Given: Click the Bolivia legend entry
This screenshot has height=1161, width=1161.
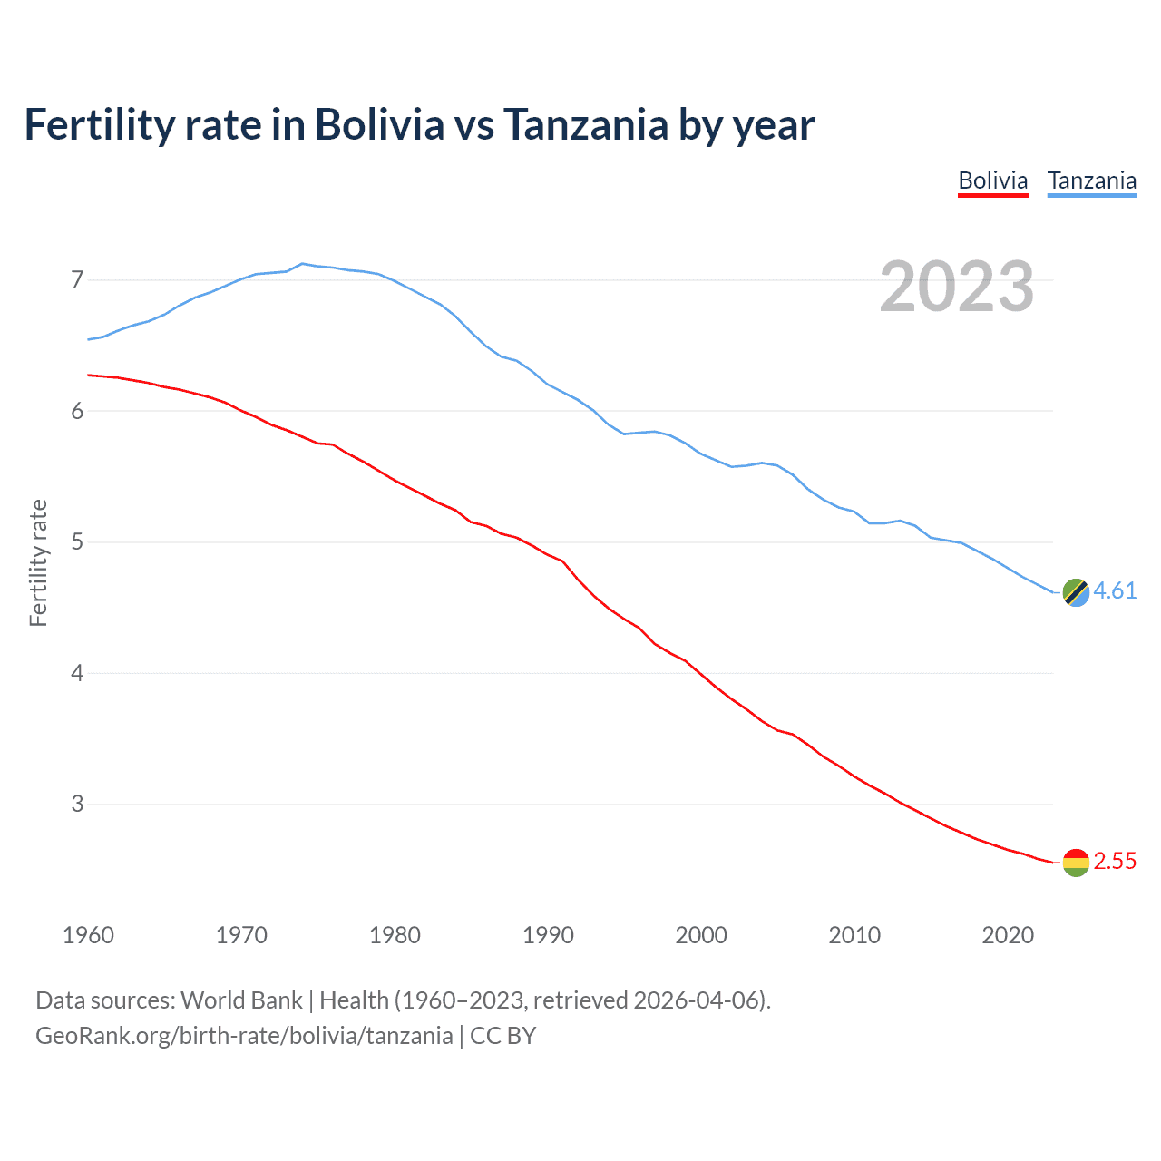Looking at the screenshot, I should pos(992,180).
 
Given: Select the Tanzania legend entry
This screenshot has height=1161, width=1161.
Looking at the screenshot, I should pos(1091,180).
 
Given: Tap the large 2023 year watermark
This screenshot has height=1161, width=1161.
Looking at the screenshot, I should pos(956,287).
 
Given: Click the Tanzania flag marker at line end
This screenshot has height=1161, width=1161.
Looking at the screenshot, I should pos(1076,592).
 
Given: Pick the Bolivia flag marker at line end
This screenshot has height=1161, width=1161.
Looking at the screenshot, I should pos(1076,862).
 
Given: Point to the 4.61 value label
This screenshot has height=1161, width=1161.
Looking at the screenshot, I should pos(1115,590).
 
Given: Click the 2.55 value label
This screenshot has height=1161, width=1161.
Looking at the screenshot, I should pos(1115,861).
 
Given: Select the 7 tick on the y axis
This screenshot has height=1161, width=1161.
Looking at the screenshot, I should pos(77,279).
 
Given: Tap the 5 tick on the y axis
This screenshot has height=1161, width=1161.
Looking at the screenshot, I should pos(77,542).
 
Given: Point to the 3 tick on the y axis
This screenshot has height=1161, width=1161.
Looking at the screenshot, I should pos(77,804).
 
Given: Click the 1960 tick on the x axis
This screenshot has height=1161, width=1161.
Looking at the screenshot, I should pos(88,935).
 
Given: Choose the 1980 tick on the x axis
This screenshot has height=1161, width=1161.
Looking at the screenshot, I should pos(395,935).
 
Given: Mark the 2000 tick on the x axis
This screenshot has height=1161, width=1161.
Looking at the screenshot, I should pos(701,935).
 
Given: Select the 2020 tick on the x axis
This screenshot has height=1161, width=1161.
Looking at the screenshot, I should pos(1008,935).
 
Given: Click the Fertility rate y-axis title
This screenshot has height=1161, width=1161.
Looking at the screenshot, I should pos(38,562).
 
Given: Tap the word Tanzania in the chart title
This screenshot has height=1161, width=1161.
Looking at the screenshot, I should pos(586,124).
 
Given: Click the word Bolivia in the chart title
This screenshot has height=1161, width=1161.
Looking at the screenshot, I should pos(380,124).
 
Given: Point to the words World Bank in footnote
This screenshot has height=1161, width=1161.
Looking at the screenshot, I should pos(241,1000).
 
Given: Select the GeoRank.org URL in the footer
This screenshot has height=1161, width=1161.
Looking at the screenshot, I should pos(244,1035).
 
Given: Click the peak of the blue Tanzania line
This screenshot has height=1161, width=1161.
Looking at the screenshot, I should pos(302,263).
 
